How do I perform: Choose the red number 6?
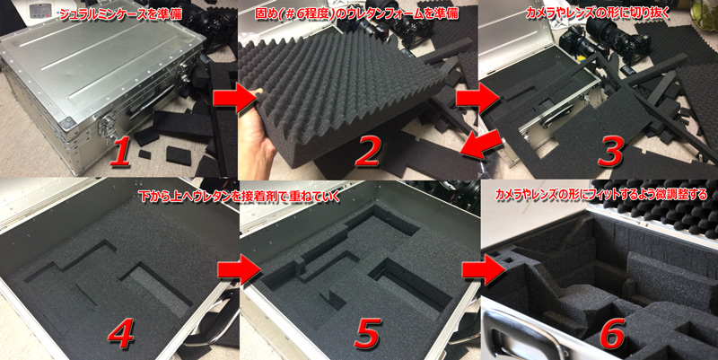610,330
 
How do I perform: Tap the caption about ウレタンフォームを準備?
356,13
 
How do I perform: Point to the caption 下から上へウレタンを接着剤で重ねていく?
241,197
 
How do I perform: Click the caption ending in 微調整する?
601,194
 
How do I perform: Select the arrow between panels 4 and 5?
237,269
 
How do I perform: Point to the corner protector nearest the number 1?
67,121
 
